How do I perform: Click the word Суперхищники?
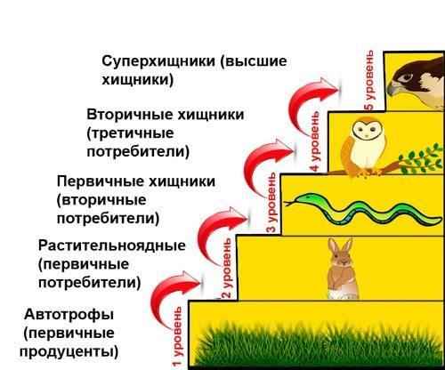coord(158,61)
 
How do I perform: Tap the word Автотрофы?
coord(69,314)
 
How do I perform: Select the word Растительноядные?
coord(112,246)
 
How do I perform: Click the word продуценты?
coord(69,352)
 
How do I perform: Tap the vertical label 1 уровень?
coord(177,336)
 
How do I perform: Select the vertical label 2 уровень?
coord(226,269)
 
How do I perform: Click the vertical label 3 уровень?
coord(272,203)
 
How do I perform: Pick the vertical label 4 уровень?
coord(315,141)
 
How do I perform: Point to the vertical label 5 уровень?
coord(369,80)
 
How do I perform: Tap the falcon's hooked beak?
coord(392,88)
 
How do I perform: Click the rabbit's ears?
coord(340,246)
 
